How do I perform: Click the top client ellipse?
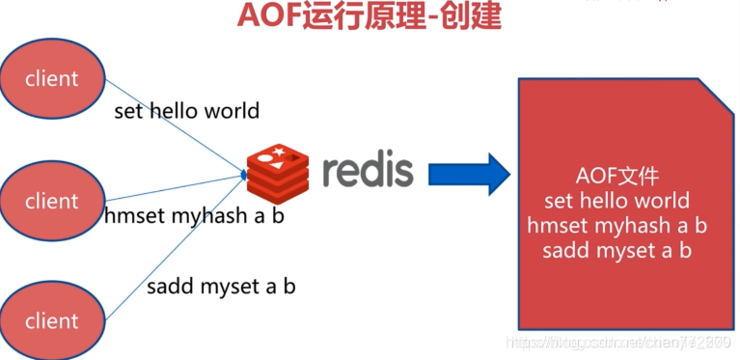tap(51, 77)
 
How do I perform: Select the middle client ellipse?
tap(51, 201)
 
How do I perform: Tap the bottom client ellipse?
tap(51, 319)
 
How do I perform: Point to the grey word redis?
tap(368, 170)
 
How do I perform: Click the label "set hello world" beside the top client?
tap(186, 110)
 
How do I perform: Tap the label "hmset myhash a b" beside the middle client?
tap(194, 215)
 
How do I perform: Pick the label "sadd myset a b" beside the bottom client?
tap(221, 286)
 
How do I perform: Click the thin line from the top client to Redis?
tap(174, 126)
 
